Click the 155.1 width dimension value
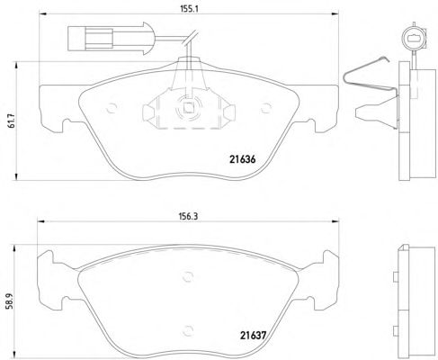(x=189, y=9)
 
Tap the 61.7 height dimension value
(x=12, y=121)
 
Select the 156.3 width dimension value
(x=188, y=216)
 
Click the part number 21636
(x=243, y=159)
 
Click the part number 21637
(x=253, y=335)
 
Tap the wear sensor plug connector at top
(x=111, y=39)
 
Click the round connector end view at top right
(x=414, y=39)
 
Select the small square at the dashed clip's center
(x=188, y=107)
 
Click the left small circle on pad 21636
(x=112, y=108)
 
